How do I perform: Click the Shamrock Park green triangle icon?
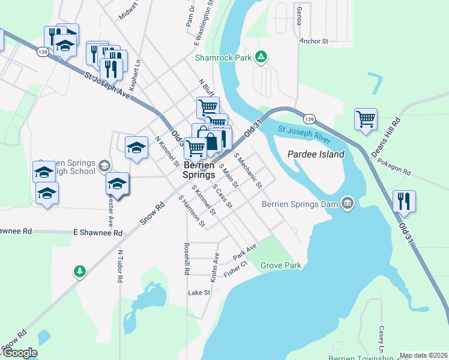(x=261, y=58)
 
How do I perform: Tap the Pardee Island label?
(x=316, y=154)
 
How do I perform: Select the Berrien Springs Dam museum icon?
(x=347, y=203)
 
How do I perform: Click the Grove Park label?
(x=280, y=265)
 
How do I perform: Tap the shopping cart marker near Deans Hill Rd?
(x=365, y=118)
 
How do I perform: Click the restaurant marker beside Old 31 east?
(x=404, y=200)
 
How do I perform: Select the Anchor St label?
(x=314, y=42)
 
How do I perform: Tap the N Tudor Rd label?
(x=120, y=266)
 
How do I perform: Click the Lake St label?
(x=199, y=293)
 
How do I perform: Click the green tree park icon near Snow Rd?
(x=79, y=272)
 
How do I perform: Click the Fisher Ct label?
(x=235, y=268)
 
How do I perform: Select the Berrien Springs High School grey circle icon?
(x=104, y=166)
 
